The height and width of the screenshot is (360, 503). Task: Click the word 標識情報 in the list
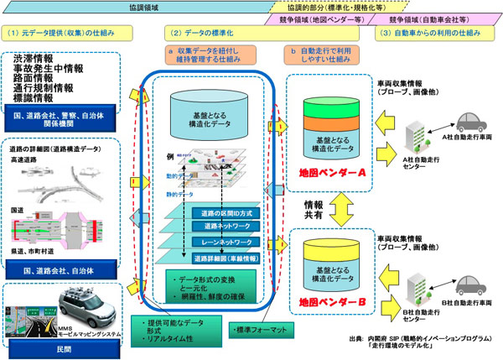37,97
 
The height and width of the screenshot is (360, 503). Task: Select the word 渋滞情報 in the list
37,60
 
